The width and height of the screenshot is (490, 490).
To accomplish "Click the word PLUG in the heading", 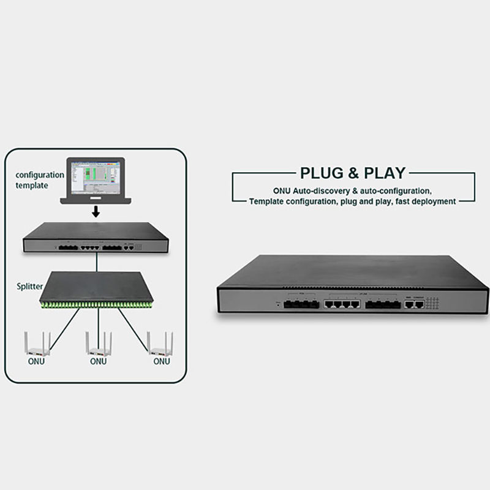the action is click(x=320, y=173).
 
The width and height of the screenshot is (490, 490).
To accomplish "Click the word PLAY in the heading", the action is click(x=383, y=173).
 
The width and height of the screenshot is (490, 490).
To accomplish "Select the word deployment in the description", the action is click(x=432, y=201).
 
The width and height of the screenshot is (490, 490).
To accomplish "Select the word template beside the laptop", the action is click(x=32, y=185).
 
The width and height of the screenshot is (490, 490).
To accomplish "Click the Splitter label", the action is click(x=30, y=286).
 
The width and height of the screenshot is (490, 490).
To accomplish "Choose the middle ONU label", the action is click(x=99, y=361).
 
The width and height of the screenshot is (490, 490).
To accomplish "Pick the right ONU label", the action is click(x=161, y=361).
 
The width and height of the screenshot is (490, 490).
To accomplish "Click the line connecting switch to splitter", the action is click(x=96, y=262).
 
